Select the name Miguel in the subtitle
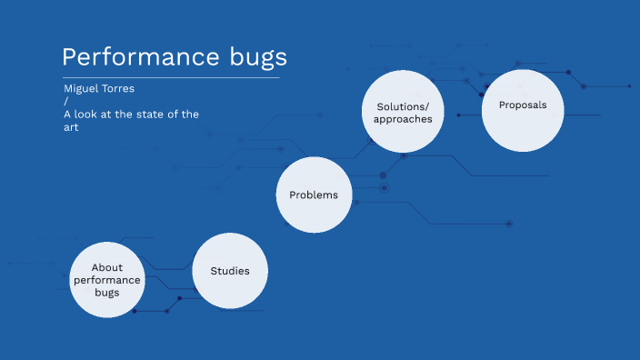(x=81, y=88)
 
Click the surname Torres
(x=121, y=88)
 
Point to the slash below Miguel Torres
(x=65, y=101)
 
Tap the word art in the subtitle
(x=72, y=127)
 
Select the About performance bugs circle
(x=107, y=279)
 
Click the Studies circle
(x=230, y=271)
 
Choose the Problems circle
(x=314, y=195)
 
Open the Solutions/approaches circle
(x=403, y=111)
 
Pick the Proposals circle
(x=523, y=111)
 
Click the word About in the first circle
(x=107, y=267)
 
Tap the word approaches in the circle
(x=403, y=119)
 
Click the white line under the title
(x=170, y=78)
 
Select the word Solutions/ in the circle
(x=403, y=106)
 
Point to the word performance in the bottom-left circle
(x=107, y=280)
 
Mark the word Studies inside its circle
(x=230, y=271)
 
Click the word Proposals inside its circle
(x=523, y=105)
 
